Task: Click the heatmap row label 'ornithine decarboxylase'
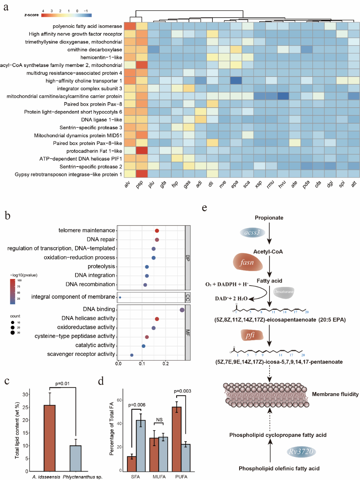click(94, 50)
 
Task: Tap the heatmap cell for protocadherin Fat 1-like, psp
click(142, 150)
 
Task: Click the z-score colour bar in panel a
click(66, 15)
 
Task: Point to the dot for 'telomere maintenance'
click(157, 231)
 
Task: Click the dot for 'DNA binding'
click(182, 310)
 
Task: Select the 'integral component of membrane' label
click(73, 297)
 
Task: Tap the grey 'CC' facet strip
click(188, 297)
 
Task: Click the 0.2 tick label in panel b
click(166, 364)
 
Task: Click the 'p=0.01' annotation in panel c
click(62, 384)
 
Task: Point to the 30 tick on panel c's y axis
click(25, 394)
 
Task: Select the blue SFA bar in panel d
click(141, 446)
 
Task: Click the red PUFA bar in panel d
click(177, 439)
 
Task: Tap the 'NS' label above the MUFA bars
click(159, 420)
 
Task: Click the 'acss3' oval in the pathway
click(252, 232)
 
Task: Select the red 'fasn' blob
click(248, 263)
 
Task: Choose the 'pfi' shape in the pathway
click(252, 335)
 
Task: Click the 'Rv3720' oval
click(301, 451)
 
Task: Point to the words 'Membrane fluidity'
click(335, 394)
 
